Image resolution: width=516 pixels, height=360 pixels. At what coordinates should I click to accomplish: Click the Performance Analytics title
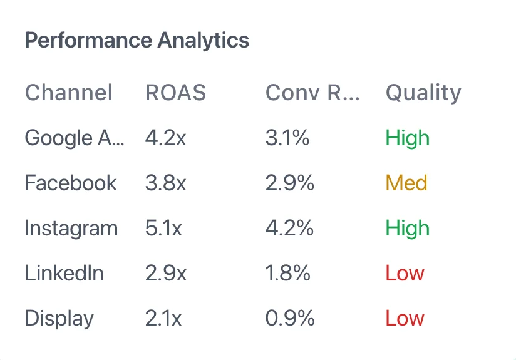137,41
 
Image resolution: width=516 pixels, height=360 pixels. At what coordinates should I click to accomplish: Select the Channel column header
69,93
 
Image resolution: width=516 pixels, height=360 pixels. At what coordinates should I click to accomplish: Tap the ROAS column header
175,93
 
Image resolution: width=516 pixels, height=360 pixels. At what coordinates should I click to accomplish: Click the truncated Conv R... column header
312,93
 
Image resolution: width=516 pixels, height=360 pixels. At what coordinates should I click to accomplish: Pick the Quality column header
423,93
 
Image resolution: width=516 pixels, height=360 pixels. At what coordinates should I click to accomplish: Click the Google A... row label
75,138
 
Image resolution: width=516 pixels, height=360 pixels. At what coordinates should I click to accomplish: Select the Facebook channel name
71,183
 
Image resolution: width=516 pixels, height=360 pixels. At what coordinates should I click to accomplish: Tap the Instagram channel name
71,228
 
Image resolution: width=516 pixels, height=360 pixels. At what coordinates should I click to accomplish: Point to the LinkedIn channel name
64,273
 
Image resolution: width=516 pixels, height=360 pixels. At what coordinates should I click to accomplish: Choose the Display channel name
59,318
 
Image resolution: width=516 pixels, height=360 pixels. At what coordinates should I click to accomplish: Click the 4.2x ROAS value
165,138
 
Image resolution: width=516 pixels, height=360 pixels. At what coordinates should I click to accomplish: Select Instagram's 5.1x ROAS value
163,228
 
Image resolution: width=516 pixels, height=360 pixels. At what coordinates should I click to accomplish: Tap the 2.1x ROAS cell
163,318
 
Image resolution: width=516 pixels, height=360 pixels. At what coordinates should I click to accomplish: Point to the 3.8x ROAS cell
165,183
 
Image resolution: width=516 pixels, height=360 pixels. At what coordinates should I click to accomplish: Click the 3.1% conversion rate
287,138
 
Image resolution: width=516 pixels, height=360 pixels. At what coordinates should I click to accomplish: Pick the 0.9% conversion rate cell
289,318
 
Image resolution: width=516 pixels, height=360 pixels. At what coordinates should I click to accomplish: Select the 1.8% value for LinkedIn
288,273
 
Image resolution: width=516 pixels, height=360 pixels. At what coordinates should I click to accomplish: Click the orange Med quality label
406,183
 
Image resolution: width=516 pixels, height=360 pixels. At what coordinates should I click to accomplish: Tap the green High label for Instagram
408,228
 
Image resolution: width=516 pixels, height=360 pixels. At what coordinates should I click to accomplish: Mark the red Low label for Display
405,318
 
